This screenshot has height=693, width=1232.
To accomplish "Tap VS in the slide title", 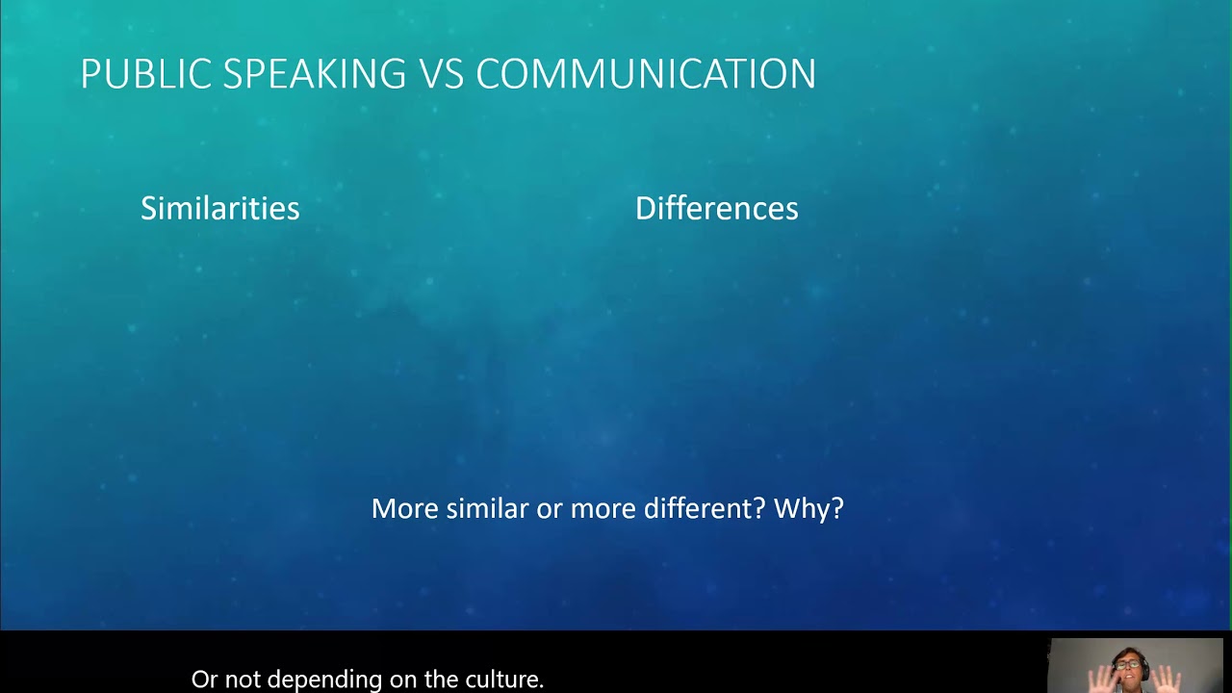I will coord(441,74).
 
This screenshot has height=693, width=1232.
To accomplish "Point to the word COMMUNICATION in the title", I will coord(646,74).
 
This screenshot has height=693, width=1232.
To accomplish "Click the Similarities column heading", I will coord(219,208).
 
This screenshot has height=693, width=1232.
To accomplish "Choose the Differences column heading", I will coord(716,208).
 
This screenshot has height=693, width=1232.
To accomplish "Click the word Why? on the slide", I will coord(809,508).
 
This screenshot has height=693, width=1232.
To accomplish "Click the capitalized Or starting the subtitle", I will coord(205,680).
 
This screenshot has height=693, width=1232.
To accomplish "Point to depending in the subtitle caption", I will coord(312,680).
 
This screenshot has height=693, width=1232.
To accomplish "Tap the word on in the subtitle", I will coord(378,680).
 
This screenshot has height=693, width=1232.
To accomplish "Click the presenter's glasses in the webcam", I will coord(1128,664).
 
